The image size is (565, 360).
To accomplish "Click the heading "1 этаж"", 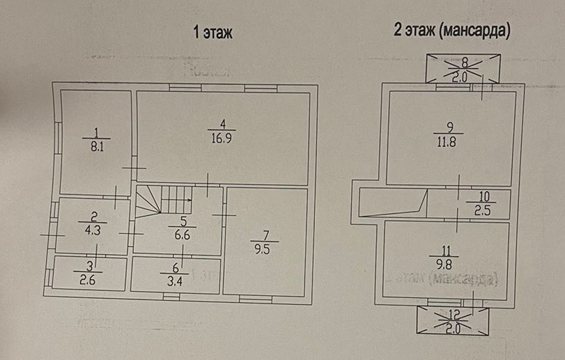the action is point(212,31).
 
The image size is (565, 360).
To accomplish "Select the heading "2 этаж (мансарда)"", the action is point(452,31).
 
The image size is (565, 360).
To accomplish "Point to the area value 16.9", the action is point(222,137).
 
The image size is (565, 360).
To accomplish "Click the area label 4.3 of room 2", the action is point(93,226).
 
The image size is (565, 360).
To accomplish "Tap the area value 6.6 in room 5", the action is point(182,235).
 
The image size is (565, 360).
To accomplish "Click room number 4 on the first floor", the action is point(222,123).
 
